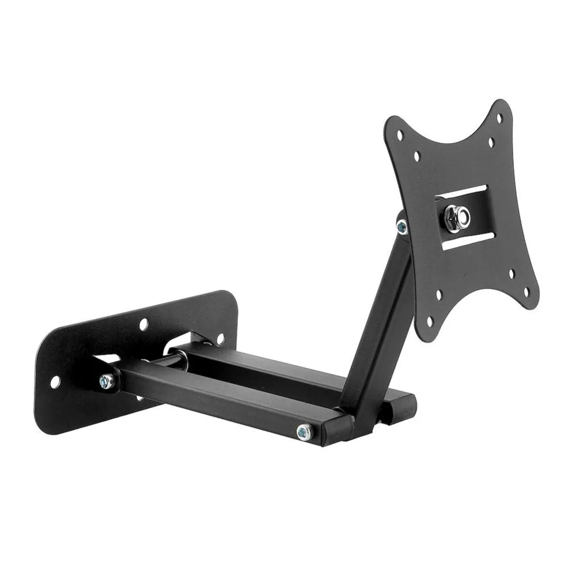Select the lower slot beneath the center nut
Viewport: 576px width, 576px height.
point(468,240)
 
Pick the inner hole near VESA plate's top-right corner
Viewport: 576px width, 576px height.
point(491,142)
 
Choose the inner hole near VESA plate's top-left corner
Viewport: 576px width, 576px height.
point(416,156)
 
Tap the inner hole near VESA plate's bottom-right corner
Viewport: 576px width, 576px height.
point(510,274)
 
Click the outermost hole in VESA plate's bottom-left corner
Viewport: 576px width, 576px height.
point(429,321)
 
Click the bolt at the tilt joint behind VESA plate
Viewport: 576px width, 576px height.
point(402,226)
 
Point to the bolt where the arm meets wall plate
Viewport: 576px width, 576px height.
point(106,381)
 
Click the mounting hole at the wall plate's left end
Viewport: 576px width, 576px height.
point(55,381)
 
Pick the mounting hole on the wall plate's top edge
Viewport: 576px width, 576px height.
point(143,324)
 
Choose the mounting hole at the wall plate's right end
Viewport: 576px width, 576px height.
point(220,338)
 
